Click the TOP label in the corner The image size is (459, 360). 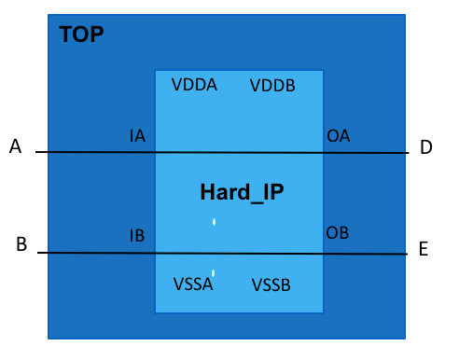point(81,35)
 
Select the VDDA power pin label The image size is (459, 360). point(194,85)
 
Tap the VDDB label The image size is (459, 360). point(272,87)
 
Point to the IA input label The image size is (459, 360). point(137,136)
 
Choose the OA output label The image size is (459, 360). point(338,136)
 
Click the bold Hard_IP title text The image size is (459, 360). point(241,193)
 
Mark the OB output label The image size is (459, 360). point(337,232)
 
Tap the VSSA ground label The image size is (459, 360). point(193,284)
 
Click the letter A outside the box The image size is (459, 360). point(15,146)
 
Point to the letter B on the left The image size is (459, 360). point(21,245)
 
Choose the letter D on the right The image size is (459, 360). point(425,147)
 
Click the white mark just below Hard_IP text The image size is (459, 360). point(215,222)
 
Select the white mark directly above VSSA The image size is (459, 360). point(214,272)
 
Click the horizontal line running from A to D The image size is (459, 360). point(93,152)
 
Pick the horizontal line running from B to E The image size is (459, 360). point(93,253)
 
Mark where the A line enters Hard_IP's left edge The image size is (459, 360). point(155,152)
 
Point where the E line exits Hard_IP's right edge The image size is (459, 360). point(325,254)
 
